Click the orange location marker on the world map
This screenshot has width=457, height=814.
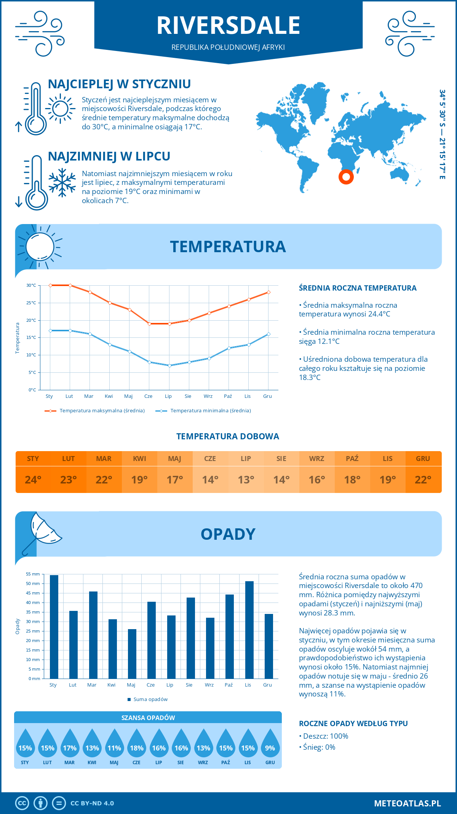tap(346, 177)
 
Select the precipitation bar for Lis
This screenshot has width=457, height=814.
tap(249, 630)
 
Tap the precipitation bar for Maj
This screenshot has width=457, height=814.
tap(132, 653)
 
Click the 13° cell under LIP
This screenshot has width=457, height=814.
tap(246, 480)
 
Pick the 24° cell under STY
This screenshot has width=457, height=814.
tap(33, 480)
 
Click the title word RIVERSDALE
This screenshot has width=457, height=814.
tap(228, 25)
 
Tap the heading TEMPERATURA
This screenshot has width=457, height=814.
tap(228, 246)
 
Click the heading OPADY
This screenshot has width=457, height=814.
tap(228, 534)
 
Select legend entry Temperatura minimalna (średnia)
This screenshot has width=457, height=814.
tap(210, 411)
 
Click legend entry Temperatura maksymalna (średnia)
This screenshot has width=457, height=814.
tap(102, 411)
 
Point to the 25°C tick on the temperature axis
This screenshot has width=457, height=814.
tap(31, 303)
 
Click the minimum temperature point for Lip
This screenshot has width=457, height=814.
tap(169, 366)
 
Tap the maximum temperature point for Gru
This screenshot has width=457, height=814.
tap(268, 292)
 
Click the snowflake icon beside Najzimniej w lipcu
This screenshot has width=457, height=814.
tap(62, 183)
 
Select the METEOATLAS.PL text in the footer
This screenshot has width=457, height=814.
tap(407, 803)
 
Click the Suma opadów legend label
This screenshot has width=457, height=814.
tap(150, 699)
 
